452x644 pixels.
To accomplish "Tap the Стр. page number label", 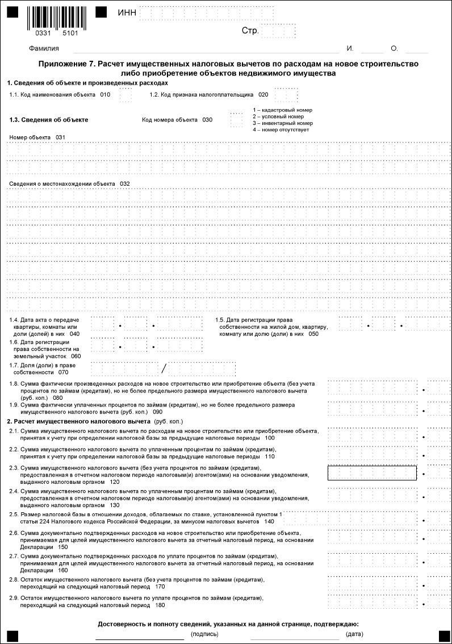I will coord(250,31).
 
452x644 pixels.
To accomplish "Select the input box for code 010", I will coord(125,95).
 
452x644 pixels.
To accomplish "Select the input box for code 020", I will coord(286,95).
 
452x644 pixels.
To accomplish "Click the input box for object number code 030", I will coord(236,120).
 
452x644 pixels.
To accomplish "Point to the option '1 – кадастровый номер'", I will coord(282,110).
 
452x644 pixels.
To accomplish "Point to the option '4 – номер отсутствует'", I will coord(281,130).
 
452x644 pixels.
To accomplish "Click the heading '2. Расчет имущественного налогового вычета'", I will coord(78,422).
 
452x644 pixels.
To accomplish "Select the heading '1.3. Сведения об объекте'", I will coord(49,120).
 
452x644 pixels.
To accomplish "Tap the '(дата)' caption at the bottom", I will coord(354,633).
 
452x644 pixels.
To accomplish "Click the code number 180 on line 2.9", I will coord(160,606).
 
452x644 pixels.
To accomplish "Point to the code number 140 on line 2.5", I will coord(269,521).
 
